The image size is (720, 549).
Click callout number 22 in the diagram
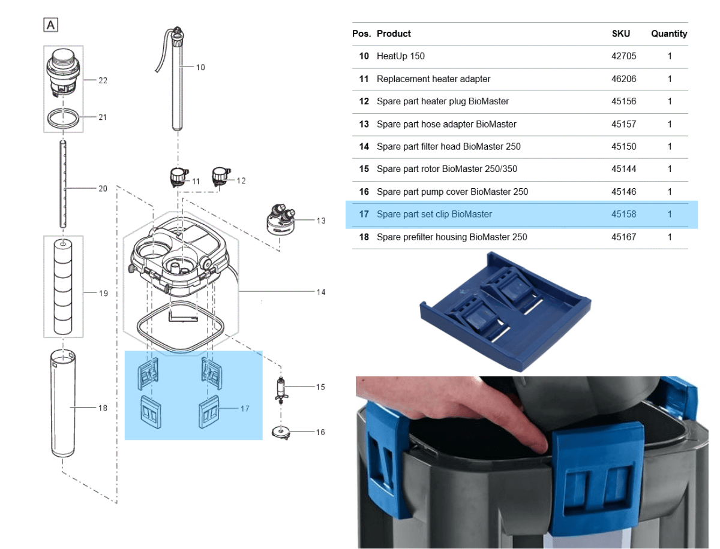point(103,80)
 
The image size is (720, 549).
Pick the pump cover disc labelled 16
point(280,432)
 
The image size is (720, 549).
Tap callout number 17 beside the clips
point(244,409)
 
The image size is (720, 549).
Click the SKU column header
point(620,34)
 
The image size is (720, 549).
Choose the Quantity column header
point(669,34)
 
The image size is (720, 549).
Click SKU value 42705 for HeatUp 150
point(623,56)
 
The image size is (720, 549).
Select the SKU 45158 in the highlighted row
point(623,214)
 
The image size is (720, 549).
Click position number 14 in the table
point(364,146)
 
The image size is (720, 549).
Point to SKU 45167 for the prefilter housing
point(623,237)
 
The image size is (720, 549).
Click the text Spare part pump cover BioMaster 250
point(452,192)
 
